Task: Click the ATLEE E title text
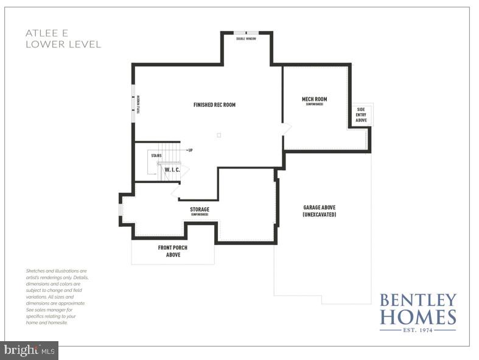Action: click(x=46, y=33)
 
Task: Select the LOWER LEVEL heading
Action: click(x=63, y=44)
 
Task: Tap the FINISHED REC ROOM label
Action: click(x=214, y=105)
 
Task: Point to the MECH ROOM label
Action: click(x=314, y=100)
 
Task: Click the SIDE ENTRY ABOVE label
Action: click(x=361, y=115)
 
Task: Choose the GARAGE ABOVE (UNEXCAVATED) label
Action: click(x=319, y=210)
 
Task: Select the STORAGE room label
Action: click(x=200, y=210)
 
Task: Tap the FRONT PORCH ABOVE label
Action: click(x=173, y=251)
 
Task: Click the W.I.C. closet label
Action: click(x=172, y=170)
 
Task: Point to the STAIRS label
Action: click(x=156, y=156)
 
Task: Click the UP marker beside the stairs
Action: click(x=190, y=150)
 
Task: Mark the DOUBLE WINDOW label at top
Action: click(x=246, y=38)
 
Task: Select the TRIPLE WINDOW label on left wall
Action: click(x=138, y=104)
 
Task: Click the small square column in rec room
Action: click(x=219, y=135)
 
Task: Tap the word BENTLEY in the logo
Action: click(x=418, y=300)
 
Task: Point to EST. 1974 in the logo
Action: click(x=418, y=330)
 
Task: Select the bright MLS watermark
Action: click(x=29, y=350)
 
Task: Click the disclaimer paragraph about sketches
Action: click(x=57, y=297)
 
